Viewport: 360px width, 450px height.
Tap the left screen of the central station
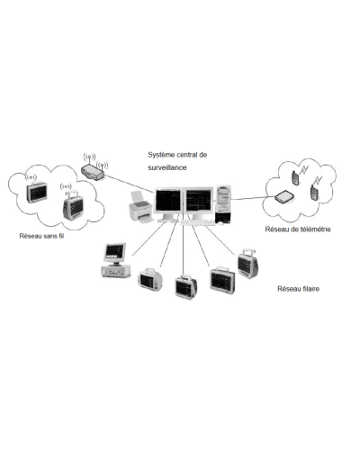pyautogui.click(x=168, y=201)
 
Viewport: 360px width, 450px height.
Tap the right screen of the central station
pyautogui.click(x=199, y=201)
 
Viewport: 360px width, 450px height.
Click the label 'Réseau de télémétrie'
pyautogui.click(x=298, y=229)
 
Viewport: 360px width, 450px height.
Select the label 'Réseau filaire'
pyautogui.click(x=299, y=290)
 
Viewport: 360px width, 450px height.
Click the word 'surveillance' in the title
pyautogui.click(x=168, y=168)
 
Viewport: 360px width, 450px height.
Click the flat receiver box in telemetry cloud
pyautogui.click(x=285, y=198)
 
